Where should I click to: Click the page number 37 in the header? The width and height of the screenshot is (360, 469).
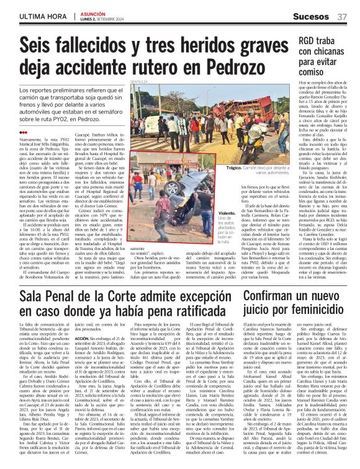[x=341, y=15]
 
